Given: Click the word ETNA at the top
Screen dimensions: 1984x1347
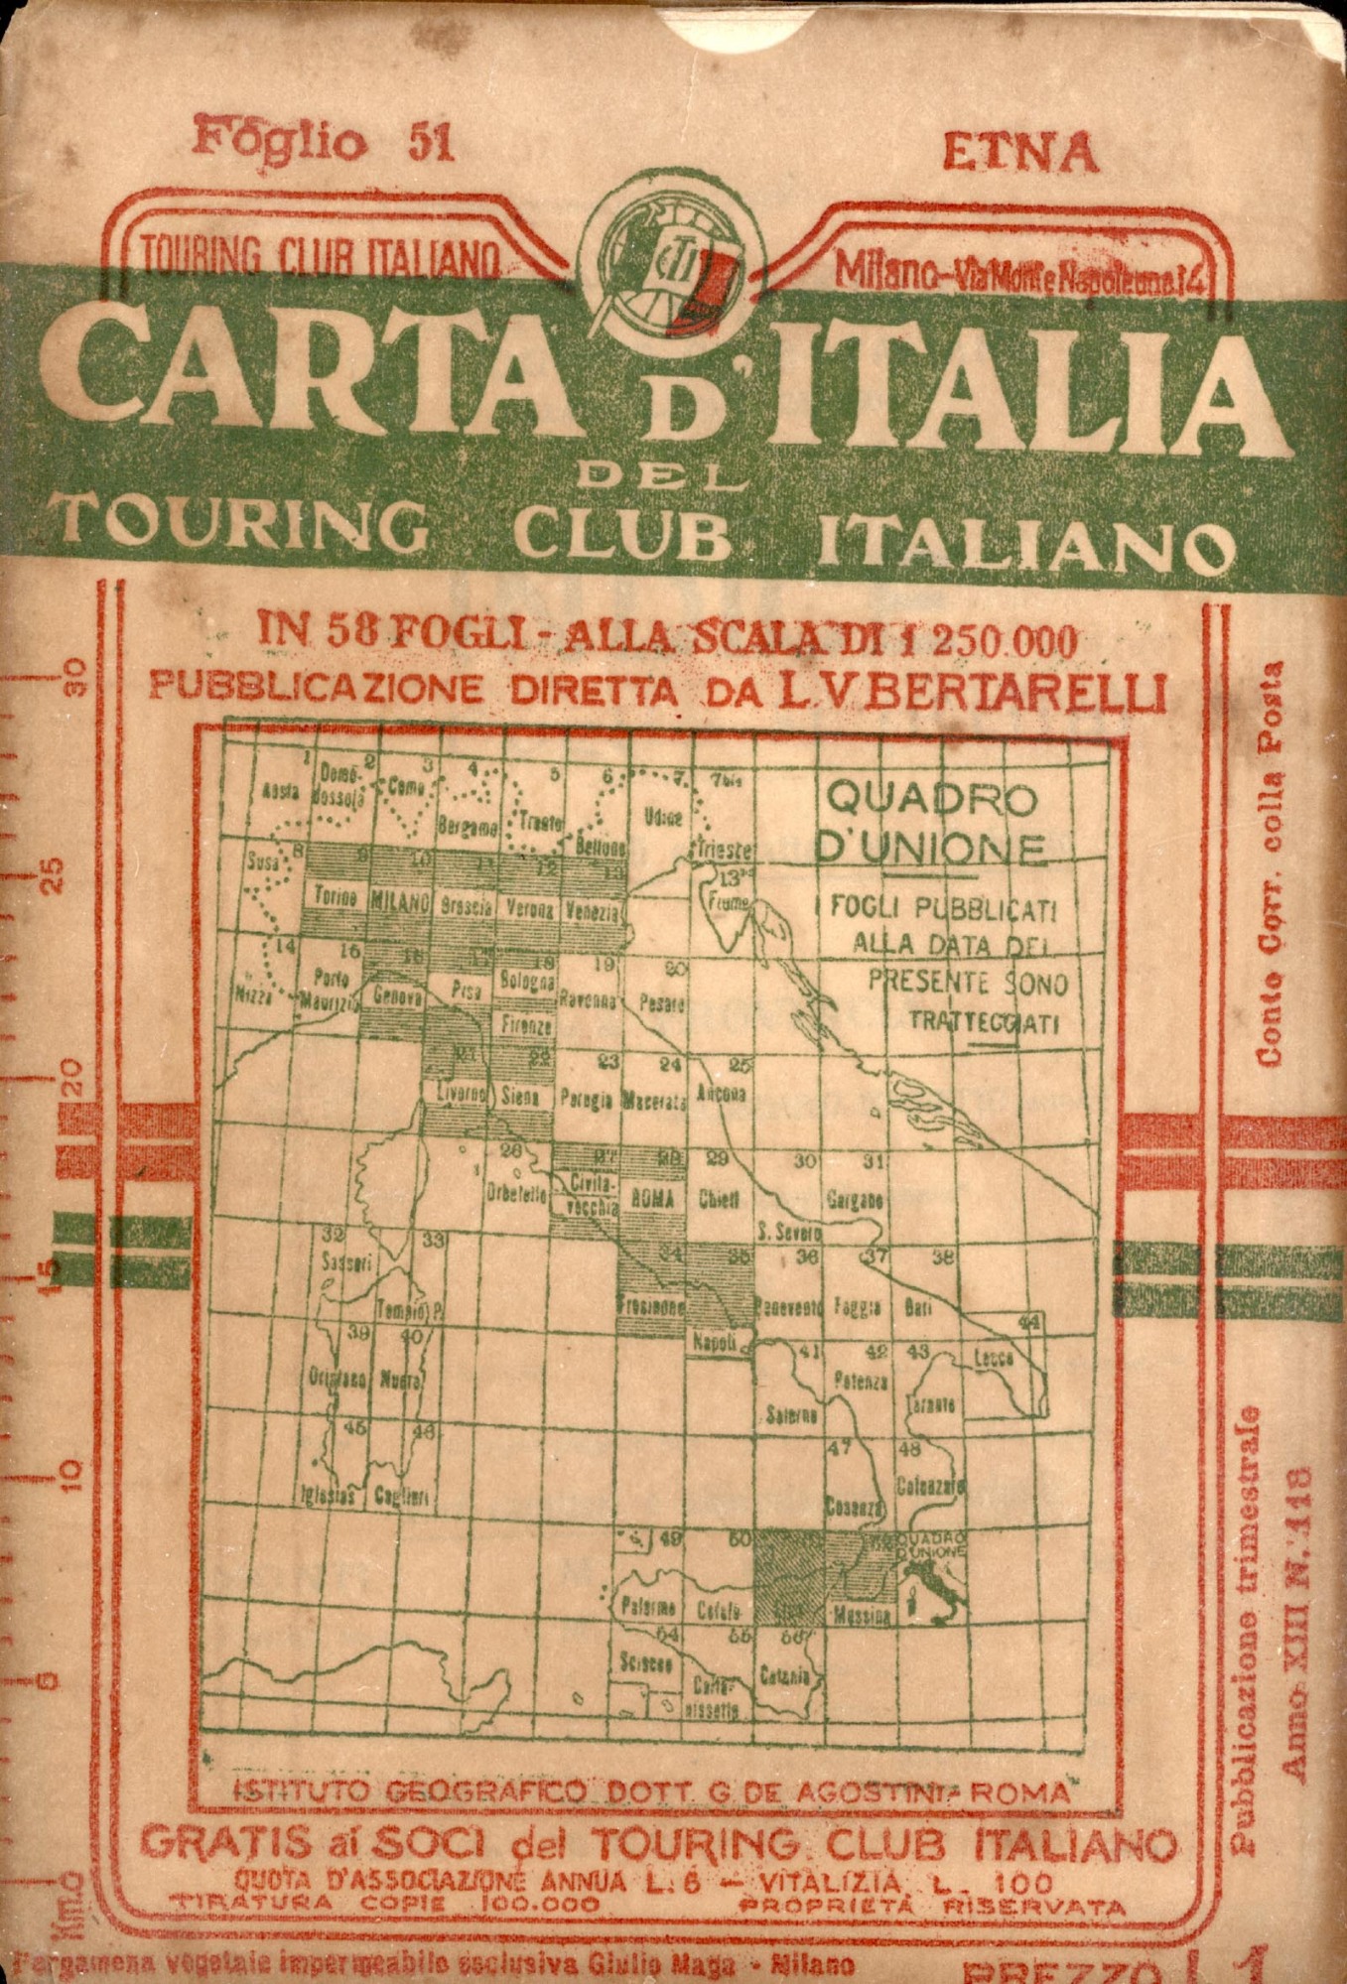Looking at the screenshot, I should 1018,152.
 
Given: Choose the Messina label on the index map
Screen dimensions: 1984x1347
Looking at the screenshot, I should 862,1614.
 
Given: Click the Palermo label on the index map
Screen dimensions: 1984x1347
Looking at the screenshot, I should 649,1607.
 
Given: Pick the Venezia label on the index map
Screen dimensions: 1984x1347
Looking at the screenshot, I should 594,909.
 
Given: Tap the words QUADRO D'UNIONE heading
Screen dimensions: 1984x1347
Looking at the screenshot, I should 932,821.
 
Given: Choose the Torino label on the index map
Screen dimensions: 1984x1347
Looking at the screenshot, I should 336,897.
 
